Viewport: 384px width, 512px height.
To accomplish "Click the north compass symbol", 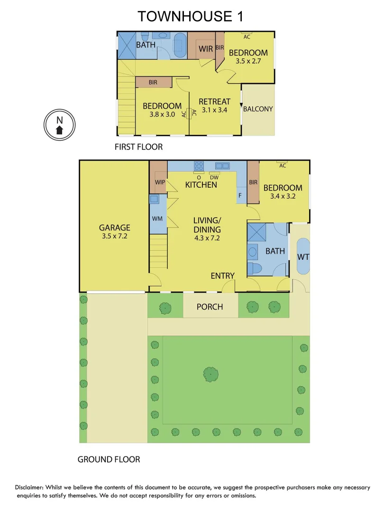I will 59,125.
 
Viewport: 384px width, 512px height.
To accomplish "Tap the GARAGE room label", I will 114,228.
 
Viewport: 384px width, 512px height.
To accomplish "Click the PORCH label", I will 210,307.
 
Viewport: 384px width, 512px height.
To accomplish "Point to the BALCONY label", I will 258,109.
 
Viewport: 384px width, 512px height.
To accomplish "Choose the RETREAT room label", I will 214,101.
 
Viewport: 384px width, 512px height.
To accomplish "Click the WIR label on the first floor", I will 205,49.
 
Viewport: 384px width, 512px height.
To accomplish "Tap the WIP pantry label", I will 159,182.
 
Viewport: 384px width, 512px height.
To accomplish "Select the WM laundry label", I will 157,219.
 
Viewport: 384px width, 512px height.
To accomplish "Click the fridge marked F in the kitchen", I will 240,195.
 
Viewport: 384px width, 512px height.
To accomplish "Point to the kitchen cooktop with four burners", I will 199,166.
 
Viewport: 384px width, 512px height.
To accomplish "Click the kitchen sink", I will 222,166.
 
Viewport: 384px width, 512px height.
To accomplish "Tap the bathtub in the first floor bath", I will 180,45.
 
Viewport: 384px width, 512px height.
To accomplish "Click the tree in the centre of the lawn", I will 211,374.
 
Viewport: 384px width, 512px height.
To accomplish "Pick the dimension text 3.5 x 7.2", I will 114,236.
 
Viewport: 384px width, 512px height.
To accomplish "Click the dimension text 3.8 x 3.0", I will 162,114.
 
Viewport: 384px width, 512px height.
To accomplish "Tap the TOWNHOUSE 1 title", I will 191,17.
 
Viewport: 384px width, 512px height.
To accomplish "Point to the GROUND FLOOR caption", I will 109,459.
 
